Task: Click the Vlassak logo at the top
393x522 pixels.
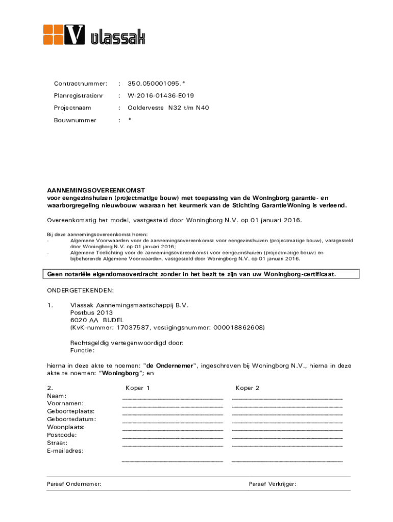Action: pos(94,35)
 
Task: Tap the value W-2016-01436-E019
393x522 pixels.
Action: pos(161,95)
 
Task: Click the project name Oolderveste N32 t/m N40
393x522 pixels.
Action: pos(168,108)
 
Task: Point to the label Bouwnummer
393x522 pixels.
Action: pos(75,120)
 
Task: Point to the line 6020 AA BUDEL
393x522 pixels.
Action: pos(96,320)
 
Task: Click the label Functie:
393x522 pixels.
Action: pos(82,350)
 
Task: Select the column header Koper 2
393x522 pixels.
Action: pos(248,388)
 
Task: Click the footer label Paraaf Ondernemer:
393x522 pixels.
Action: pos(74,484)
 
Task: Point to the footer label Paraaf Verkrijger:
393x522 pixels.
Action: pos(273,484)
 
